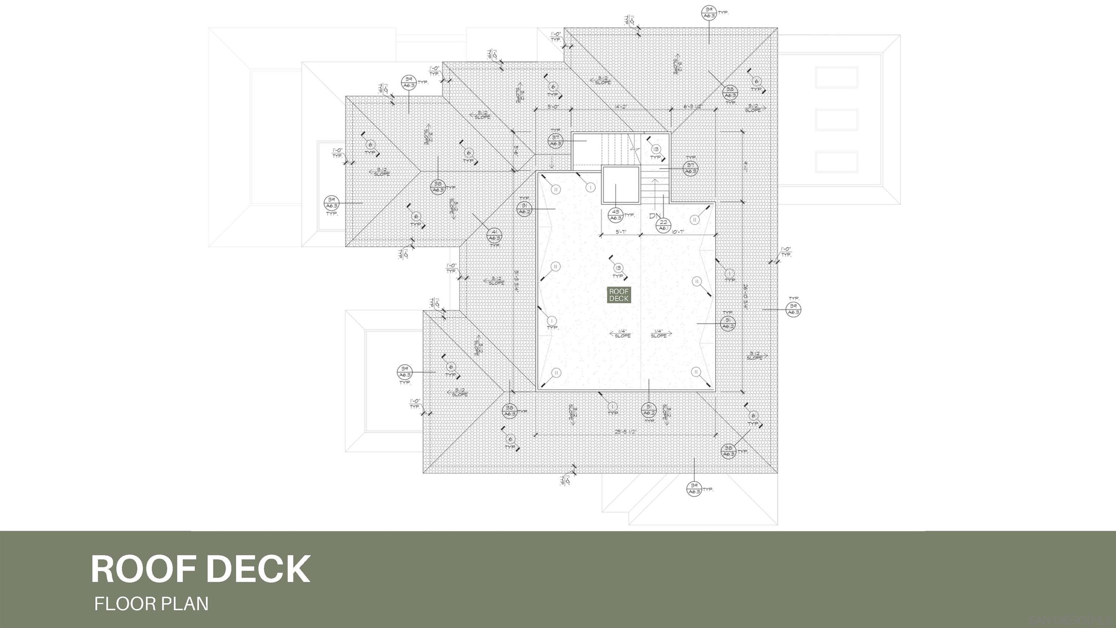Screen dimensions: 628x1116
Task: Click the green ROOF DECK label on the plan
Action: click(x=619, y=295)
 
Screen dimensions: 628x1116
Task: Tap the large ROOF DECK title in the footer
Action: click(x=201, y=569)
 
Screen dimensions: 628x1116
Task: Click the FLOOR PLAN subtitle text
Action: click(x=151, y=604)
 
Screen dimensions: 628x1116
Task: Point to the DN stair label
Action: click(x=654, y=216)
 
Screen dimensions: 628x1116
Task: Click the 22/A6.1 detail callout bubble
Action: click(x=663, y=225)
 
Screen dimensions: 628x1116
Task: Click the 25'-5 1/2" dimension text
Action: click(x=625, y=432)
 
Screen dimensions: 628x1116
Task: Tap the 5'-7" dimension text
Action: click(x=621, y=232)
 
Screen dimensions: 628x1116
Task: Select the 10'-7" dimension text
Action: click(x=678, y=232)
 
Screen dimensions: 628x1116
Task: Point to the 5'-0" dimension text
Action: click(x=553, y=106)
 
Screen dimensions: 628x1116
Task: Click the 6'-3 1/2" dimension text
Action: click(x=693, y=106)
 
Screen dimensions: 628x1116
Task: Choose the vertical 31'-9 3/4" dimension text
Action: click(x=517, y=282)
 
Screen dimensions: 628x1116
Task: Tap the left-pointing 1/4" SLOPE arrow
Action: click(x=620, y=333)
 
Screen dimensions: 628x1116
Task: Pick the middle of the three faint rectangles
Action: click(x=837, y=120)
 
